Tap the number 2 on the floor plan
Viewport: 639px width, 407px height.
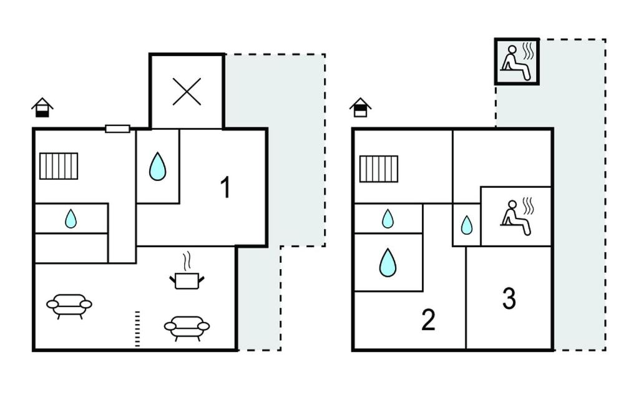[428, 320]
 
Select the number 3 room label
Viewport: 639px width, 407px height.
[509, 298]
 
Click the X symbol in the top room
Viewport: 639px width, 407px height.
[187, 92]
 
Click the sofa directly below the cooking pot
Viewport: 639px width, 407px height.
[187, 328]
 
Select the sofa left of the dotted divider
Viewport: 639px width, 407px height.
[69, 306]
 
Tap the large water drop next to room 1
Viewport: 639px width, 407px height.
[157, 167]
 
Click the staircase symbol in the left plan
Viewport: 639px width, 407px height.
[59, 166]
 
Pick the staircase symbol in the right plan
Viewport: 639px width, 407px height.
[379, 169]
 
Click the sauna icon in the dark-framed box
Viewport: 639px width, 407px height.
[517, 62]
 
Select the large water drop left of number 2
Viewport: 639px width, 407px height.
[388, 262]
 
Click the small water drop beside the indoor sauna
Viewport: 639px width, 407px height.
[467, 225]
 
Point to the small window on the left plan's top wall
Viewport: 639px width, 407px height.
[117, 129]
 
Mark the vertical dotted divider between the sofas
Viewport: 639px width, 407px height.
[137, 330]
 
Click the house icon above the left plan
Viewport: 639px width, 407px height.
[42, 107]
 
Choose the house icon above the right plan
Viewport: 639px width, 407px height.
[360, 107]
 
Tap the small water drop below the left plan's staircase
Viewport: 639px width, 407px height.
[71, 218]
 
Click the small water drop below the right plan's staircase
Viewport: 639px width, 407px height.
[388, 218]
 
